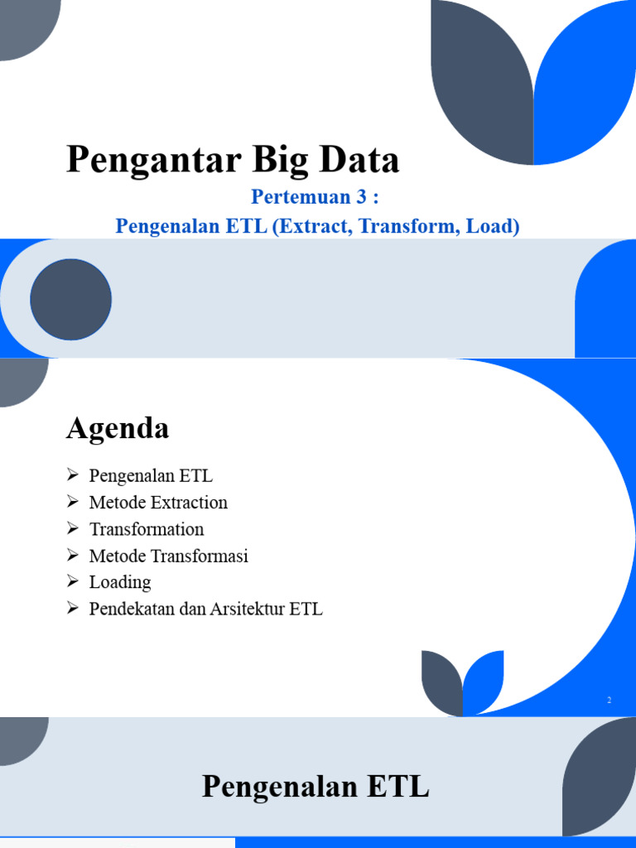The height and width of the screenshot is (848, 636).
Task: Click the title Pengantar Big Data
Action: pyautogui.click(x=233, y=160)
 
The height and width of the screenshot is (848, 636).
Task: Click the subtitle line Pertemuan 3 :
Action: pyautogui.click(x=317, y=199)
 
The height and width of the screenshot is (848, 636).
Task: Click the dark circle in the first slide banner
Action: pyautogui.click(x=71, y=299)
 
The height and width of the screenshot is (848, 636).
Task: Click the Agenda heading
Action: pyautogui.click(x=118, y=428)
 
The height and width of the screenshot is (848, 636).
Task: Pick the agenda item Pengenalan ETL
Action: pyautogui.click(x=151, y=475)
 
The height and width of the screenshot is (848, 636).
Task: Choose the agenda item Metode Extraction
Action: pyautogui.click(x=158, y=502)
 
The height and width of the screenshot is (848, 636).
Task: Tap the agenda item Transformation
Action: pyautogui.click(x=147, y=528)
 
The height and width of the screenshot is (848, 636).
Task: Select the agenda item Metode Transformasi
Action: pyautogui.click(x=169, y=556)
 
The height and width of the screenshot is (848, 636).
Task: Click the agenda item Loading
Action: pyautogui.click(x=120, y=582)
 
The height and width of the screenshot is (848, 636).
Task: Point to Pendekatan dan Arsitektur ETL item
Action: pyautogui.click(x=206, y=609)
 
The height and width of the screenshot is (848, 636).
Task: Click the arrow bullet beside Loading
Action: pyautogui.click(x=73, y=581)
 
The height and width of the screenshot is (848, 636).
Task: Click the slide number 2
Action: pyautogui.click(x=609, y=701)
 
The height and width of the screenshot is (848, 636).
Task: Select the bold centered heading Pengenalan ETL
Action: pyautogui.click(x=316, y=786)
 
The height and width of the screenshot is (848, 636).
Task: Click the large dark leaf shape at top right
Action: pyautogui.click(x=480, y=83)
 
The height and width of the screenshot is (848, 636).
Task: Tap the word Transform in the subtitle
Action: pyautogui.click(x=406, y=226)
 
